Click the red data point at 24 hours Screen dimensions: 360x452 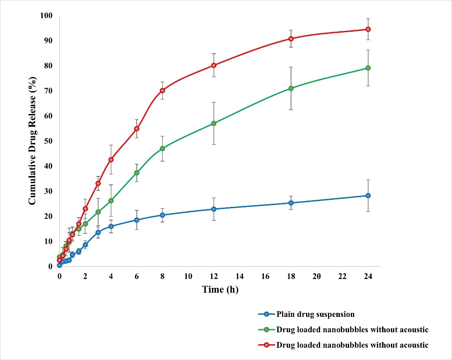click(368, 29)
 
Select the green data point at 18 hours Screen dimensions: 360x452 click(291, 88)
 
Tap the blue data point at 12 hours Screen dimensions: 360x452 click(214, 209)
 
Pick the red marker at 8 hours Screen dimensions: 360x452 click(162, 91)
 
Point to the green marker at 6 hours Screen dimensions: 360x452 click(137, 173)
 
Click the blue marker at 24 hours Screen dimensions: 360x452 click(368, 195)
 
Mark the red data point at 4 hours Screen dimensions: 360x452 click(111, 160)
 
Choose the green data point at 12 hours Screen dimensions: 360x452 click(214, 124)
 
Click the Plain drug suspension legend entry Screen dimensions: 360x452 click(315, 314)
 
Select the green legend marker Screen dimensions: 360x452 click(267, 330)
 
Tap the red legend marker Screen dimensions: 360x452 click(267, 345)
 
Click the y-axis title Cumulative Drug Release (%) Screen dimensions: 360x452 click(32, 141)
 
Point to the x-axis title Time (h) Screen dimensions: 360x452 click(220, 290)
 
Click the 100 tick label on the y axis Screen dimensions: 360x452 click(46, 16)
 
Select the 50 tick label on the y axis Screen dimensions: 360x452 click(48, 141)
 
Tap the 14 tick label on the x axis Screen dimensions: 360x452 click(240, 276)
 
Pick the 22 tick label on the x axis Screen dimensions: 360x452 click(343, 276)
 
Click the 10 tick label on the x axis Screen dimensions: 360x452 click(188, 276)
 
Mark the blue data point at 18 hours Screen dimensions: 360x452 click(291, 203)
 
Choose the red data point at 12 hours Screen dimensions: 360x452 click(214, 65)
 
